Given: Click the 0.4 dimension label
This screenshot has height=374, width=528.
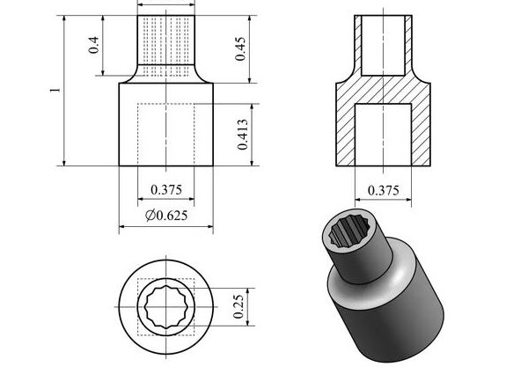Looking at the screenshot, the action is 93,45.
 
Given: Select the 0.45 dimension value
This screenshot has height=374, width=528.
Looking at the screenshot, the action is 240,48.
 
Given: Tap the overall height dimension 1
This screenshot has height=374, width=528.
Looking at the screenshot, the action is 55,91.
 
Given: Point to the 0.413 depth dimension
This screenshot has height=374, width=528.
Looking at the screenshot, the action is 243,135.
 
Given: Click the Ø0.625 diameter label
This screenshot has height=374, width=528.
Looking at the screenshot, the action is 166,216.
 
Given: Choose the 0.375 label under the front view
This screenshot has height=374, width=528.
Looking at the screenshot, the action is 166,190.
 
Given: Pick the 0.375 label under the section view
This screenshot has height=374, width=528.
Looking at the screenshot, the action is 383,191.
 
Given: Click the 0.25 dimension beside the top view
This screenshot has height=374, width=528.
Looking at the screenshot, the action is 238,306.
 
